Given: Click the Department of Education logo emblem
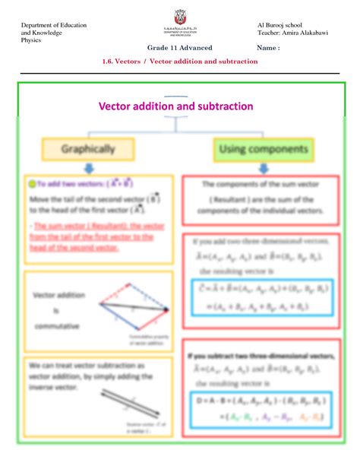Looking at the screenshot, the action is tap(179, 24).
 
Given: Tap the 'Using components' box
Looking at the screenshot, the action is tap(263, 150).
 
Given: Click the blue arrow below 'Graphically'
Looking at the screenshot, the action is tap(89, 169).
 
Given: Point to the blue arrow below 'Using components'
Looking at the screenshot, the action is tap(262, 169).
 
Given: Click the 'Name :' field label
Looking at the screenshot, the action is tap(268, 48).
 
